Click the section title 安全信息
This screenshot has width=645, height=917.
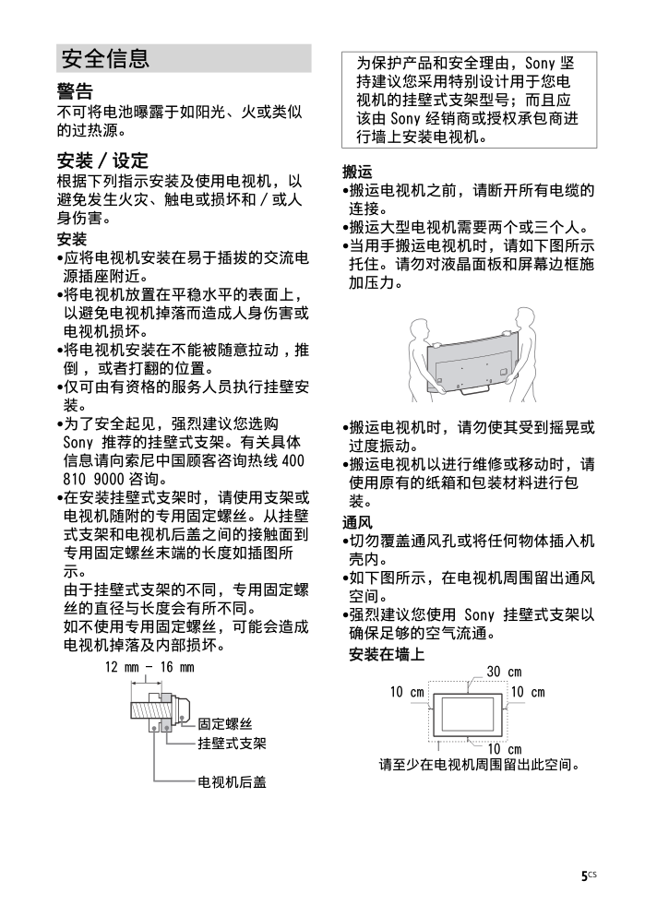pos(104,59)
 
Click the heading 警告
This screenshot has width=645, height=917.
pos(75,91)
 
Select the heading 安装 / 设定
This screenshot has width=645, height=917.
pos(102,161)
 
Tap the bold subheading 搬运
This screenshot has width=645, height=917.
pos(357,172)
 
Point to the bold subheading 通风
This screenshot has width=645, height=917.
pos(357,521)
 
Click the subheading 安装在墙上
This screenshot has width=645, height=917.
pos(387,654)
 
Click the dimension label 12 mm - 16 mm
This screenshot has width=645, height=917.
pos(149,667)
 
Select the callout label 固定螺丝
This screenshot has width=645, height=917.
pos(225,724)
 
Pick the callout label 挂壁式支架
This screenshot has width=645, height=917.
pos(232,743)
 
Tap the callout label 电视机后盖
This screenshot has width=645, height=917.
pos(232,781)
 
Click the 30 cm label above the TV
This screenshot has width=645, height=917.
pos(503,673)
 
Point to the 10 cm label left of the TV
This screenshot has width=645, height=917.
pos(406,692)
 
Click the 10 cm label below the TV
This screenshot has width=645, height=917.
pos(504,749)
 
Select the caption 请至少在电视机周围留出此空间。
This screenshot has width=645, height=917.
pos(480,765)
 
